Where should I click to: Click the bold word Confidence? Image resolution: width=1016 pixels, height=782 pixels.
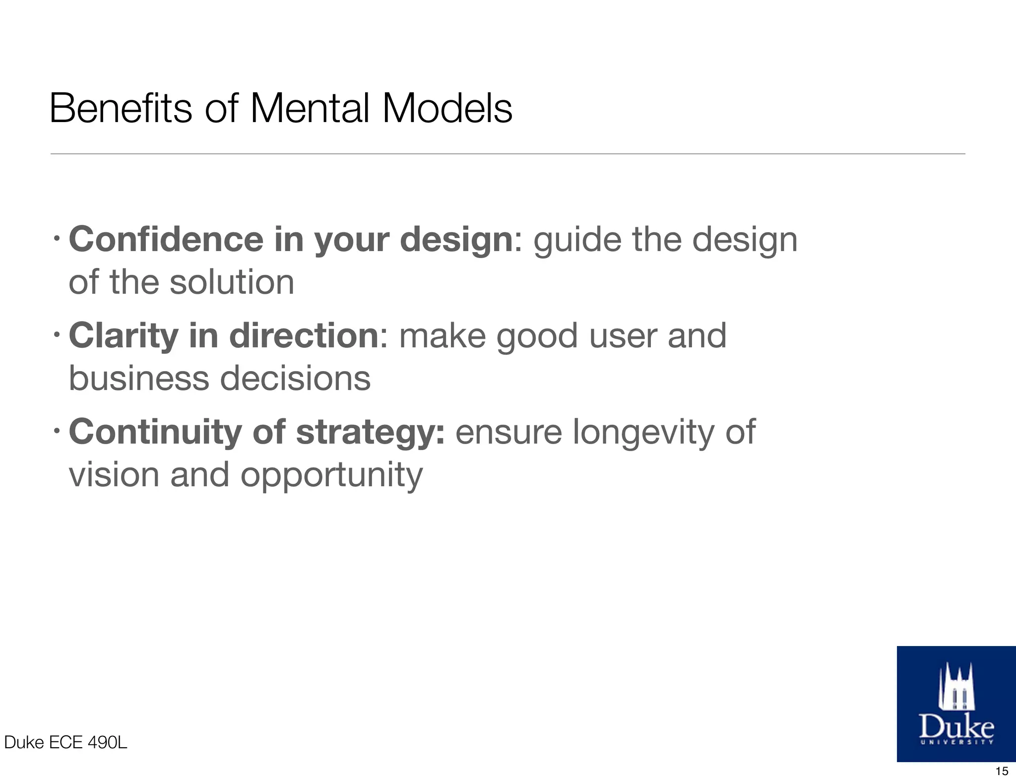(x=166, y=239)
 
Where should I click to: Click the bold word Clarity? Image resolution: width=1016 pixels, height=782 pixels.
(x=123, y=336)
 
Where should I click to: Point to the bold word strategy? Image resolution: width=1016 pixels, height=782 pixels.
(x=370, y=433)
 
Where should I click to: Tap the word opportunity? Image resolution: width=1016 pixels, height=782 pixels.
(x=331, y=475)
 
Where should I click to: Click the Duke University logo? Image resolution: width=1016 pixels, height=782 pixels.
(x=956, y=704)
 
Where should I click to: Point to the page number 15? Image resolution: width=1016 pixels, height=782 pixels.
(x=1002, y=771)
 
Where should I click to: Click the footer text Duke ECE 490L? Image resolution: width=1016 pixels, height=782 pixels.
(x=65, y=742)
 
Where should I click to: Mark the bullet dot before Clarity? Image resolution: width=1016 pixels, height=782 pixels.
(x=58, y=337)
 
